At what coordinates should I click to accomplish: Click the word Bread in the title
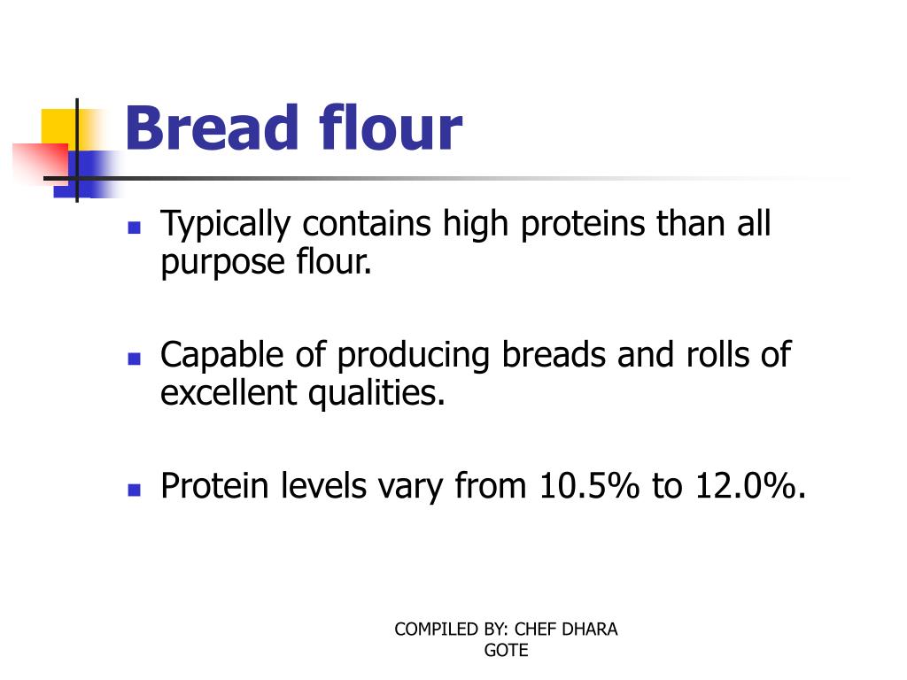click(x=213, y=128)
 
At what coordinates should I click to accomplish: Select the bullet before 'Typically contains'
click(x=135, y=228)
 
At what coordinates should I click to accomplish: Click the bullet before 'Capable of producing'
click(x=135, y=359)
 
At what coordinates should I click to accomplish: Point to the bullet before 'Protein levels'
click(x=135, y=489)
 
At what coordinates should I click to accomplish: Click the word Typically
click(x=225, y=225)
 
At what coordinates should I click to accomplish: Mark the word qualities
click(x=376, y=393)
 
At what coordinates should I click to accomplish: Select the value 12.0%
click(x=743, y=486)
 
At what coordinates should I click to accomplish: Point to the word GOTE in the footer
click(x=506, y=650)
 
